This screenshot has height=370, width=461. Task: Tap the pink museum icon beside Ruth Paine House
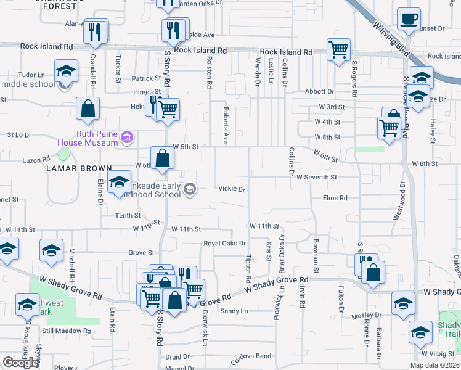click(x=128, y=136)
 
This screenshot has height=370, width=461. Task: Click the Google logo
click(x=20, y=363)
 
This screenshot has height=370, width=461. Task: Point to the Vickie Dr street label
click(x=232, y=189)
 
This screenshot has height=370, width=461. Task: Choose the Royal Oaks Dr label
click(x=225, y=244)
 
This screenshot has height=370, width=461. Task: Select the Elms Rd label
click(x=335, y=198)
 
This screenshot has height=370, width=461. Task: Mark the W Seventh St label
click(x=316, y=177)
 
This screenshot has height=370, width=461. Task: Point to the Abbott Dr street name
click(x=319, y=91)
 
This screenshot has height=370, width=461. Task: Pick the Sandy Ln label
click(x=234, y=311)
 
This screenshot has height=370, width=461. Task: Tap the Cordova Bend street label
click(x=251, y=357)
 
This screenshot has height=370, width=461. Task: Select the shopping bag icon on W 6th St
click(x=162, y=157)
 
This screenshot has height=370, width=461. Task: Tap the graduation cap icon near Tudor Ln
click(x=65, y=71)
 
